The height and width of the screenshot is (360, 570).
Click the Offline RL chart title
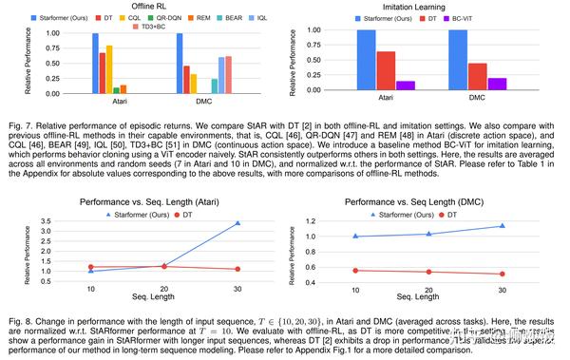142,7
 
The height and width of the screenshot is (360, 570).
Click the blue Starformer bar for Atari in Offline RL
95,63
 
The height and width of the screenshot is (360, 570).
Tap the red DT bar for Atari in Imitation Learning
385,71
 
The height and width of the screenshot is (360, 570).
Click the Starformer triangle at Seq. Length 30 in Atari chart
237,223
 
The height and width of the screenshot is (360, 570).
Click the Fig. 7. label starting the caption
15,123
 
